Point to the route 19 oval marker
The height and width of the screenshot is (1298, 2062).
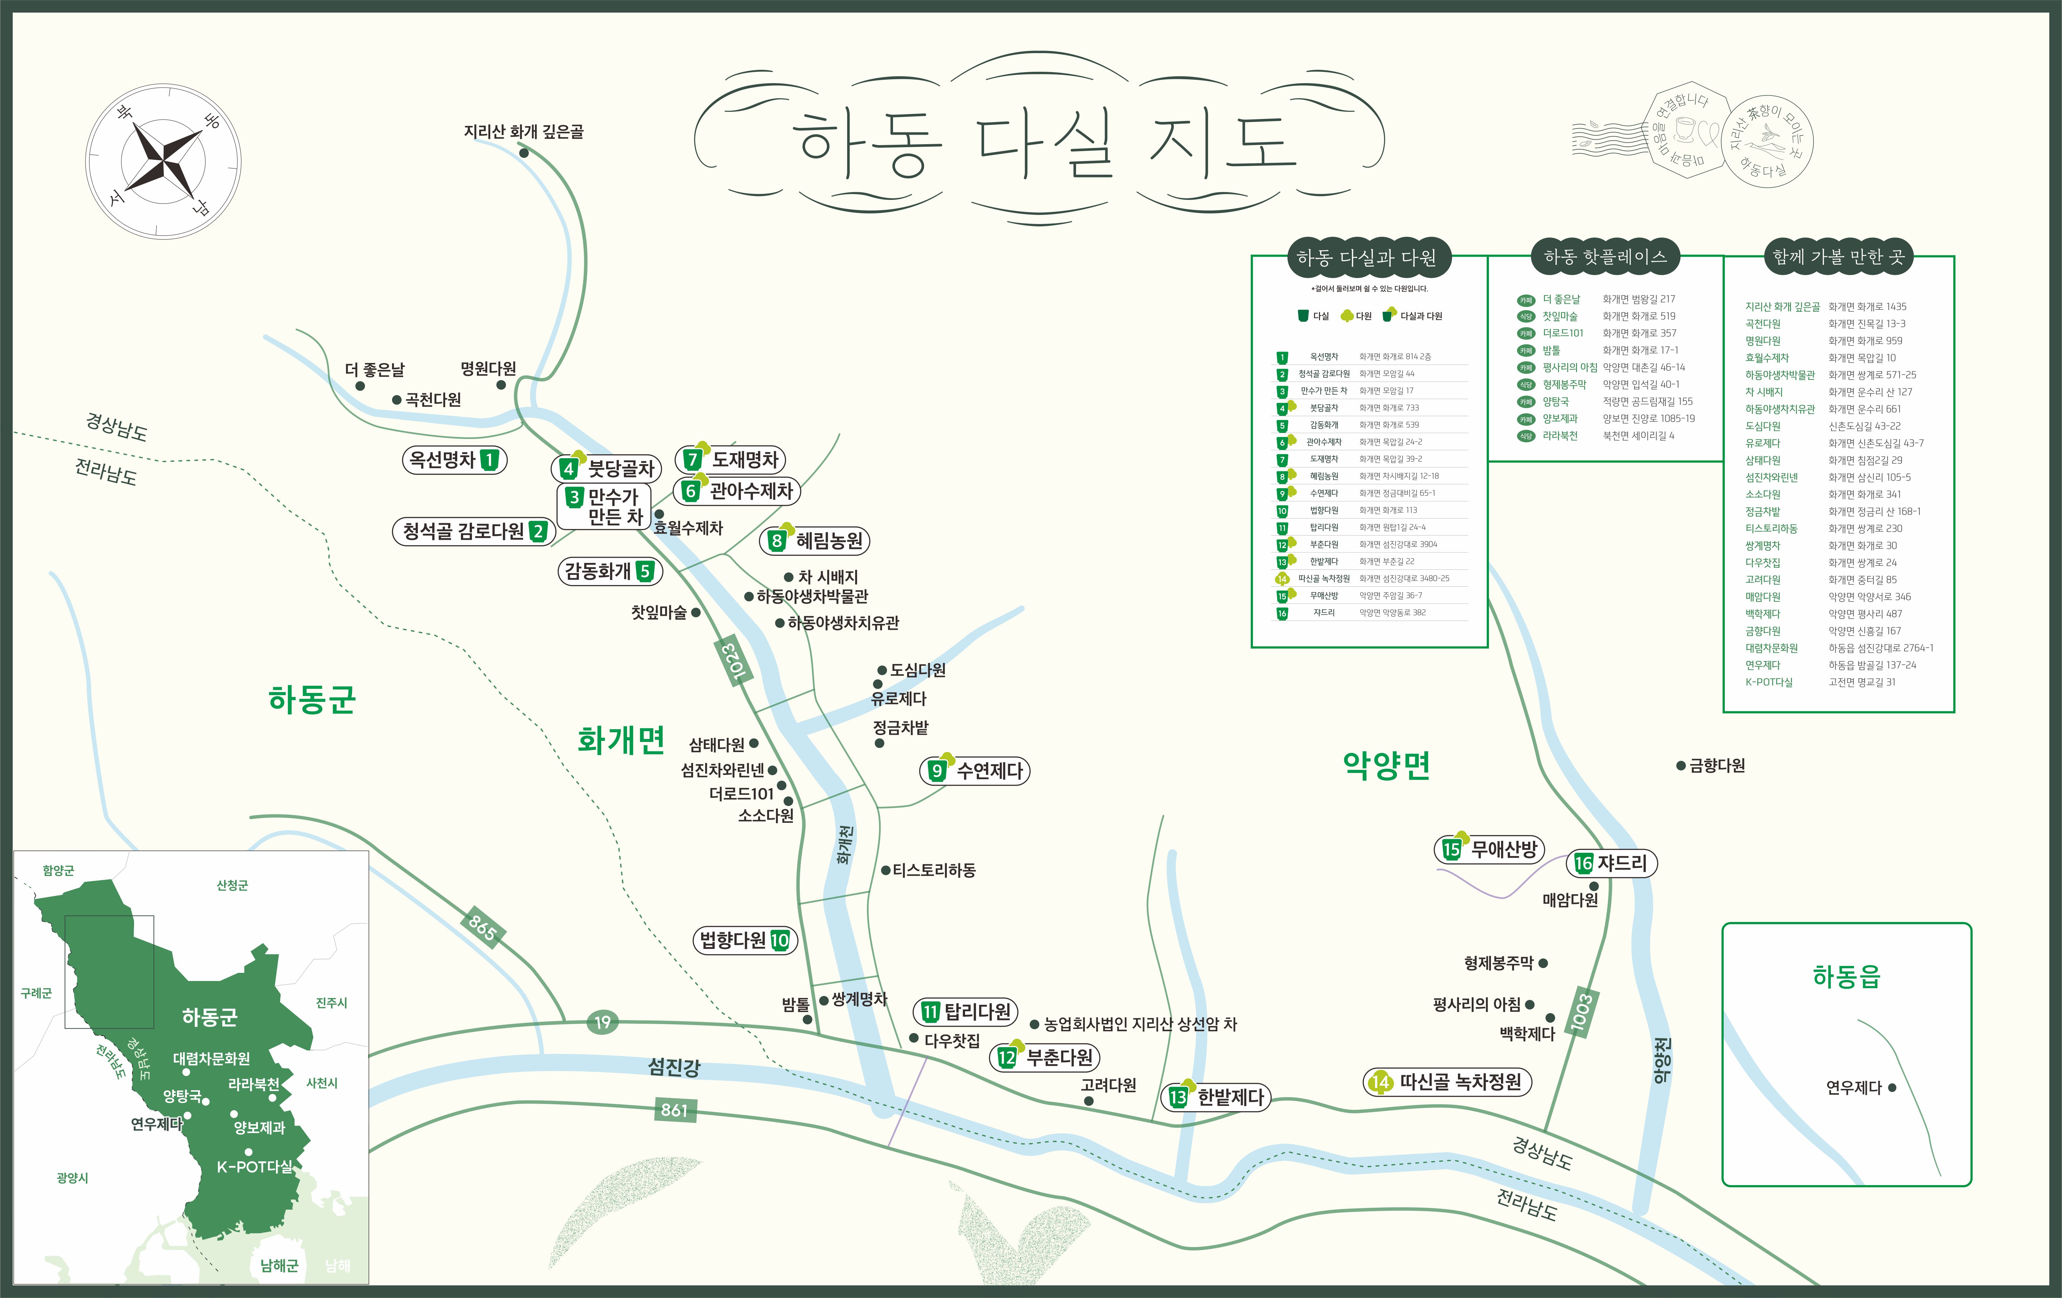[x=603, y=1021]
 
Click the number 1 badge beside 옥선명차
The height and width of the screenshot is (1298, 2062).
[x=489, y=460]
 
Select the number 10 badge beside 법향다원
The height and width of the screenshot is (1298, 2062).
[x=779, y=940]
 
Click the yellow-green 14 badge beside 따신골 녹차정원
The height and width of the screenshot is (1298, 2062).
[x=1380, y=1082]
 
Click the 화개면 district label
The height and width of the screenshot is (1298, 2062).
[x=621, y=740]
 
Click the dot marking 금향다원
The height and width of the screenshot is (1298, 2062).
[x=1680, y=765]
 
